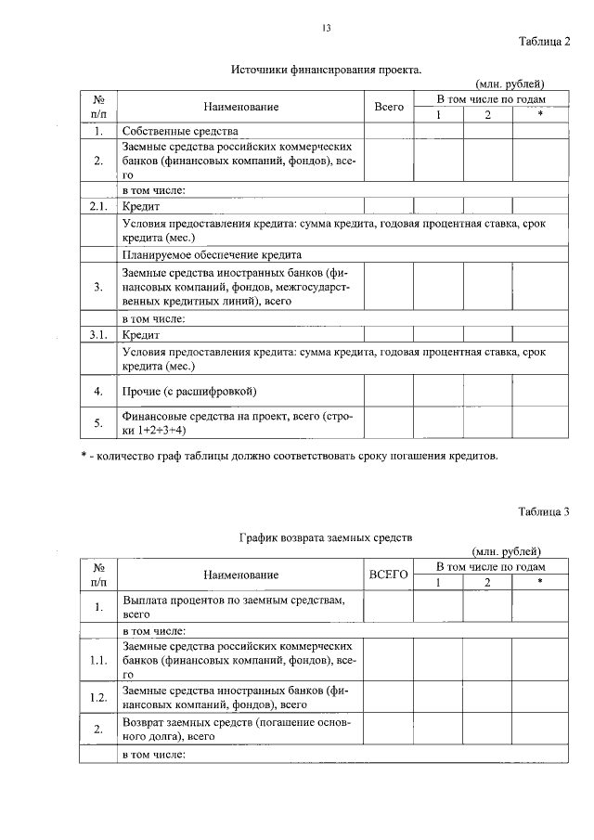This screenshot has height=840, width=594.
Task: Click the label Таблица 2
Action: pos(543,41)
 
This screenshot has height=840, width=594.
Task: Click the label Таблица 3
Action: pos(543,511)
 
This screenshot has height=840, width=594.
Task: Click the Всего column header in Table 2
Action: pos(389,108)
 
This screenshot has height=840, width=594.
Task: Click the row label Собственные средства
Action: pos(180,132)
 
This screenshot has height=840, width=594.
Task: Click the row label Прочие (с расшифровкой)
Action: pos(189,391)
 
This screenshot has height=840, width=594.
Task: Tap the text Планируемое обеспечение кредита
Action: pos(212,254)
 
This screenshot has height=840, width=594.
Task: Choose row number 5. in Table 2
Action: pos(97,423)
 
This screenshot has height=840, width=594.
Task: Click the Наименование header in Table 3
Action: pos(241,575)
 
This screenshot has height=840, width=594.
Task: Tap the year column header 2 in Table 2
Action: pos(486,115)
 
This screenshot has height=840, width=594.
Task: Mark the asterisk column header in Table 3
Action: pos(538,582)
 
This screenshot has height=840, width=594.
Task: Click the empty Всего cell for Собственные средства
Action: pos(389,132)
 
